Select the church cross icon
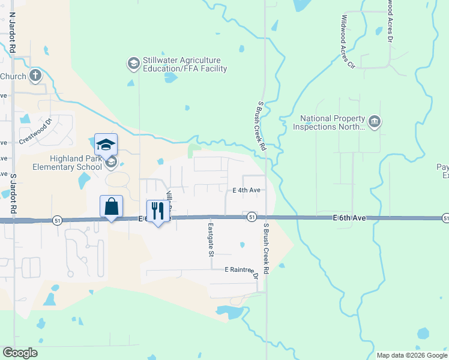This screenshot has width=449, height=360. (35, 76)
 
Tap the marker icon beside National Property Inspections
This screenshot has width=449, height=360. (375, 122)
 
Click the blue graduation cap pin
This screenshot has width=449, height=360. (106, 145)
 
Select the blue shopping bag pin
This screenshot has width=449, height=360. (112, 207)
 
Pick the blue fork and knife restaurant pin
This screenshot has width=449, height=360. (158, 211)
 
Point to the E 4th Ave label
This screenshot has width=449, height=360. (247, 190)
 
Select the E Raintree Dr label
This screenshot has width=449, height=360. (241, 271)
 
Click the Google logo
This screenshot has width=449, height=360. (20, 353)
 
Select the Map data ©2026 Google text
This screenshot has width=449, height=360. (412, 355)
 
